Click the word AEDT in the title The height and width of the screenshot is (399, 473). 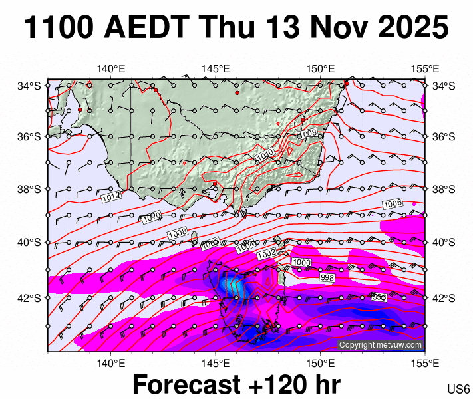point(144,28)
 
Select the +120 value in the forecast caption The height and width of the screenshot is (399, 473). point(277,385)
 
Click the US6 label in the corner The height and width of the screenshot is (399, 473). point(459,388)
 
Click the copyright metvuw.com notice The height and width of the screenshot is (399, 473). point(381,345)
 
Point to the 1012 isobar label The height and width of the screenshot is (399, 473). point(111,197)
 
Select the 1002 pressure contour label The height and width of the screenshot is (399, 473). point(266,253)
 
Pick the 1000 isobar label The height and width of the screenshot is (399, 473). point(301,263)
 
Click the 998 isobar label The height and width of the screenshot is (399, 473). point(327,277)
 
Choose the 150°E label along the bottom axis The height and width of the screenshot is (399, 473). point(320,363)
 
